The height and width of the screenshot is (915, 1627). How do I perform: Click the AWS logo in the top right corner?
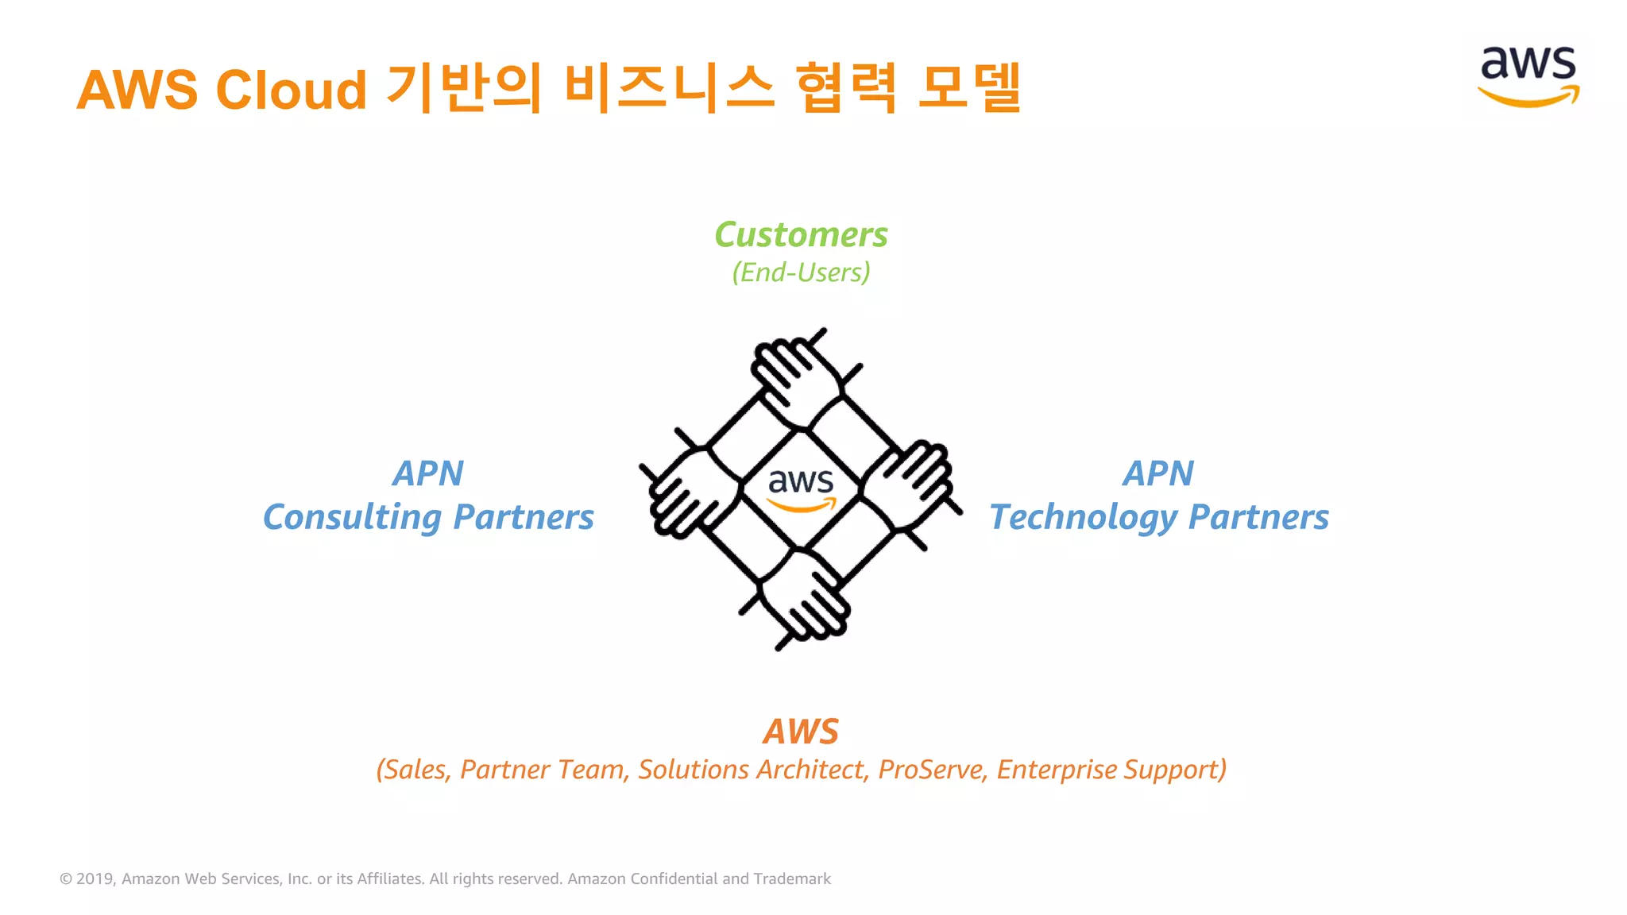[1528, 75]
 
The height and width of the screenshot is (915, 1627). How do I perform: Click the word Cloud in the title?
[291, 89]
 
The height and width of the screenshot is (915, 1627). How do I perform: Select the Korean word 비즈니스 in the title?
[669, 87]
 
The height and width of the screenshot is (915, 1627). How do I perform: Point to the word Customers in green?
[801, 234]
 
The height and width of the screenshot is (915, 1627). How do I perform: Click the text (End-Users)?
[801, 272]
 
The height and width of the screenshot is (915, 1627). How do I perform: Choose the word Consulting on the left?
[352, 518]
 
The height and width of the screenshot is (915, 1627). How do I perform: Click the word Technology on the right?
[1083, 518]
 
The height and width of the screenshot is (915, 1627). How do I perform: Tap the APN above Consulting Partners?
[427, 474]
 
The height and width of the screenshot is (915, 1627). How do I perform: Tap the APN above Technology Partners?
[1157, 474]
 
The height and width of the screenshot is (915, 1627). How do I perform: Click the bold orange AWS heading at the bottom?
[801, 732]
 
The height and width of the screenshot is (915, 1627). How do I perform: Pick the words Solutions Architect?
[752, 770]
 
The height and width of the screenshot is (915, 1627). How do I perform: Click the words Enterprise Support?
[1111, 770]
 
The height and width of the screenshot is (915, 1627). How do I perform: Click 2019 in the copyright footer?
[95, 878]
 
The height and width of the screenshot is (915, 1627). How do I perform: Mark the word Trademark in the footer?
[792, 878]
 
